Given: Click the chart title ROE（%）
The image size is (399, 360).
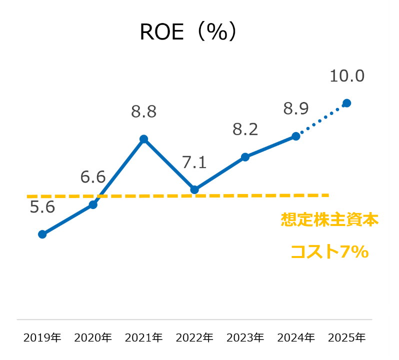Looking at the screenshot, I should coord(187,32).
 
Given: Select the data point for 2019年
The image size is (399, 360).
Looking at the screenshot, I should coord(42,234).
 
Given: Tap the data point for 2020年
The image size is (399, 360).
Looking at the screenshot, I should coord(93,204).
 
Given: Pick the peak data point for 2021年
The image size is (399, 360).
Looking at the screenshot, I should coord(144,139).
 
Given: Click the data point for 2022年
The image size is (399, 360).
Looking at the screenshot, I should coord(194,189).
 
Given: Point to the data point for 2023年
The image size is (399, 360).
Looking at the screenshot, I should coord(245,157).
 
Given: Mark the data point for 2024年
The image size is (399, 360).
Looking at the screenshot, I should coord(296,136).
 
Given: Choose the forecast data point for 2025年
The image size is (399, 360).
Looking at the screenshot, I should coord(346,103).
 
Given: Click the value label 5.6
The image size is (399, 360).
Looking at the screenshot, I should coord(42,207).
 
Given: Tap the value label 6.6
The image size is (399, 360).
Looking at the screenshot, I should coord(93,177).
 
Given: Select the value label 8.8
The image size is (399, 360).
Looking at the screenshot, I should coord(144,112).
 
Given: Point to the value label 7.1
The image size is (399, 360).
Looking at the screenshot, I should coord(194,162).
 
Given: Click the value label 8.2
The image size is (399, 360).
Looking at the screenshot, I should coord(245,130).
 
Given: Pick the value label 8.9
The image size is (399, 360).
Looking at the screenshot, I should coord(296,108).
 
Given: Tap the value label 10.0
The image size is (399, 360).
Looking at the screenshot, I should coord(347,76).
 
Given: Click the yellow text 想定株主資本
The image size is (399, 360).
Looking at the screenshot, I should coord(329,220).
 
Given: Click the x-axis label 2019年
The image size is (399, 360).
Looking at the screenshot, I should coord(42,337).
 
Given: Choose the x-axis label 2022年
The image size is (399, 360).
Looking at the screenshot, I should coord(194,337).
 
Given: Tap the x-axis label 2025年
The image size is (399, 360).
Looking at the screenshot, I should coord(346,337).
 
